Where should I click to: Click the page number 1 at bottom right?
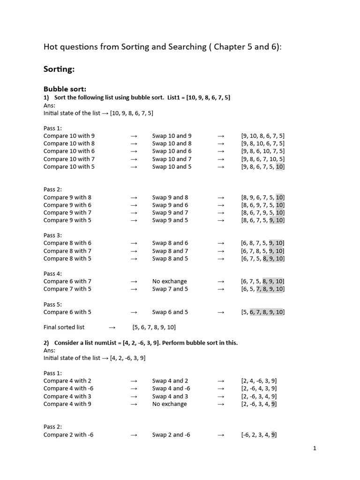[315, 449]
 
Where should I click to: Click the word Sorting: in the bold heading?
[59, 69]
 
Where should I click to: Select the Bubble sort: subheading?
[65, 89]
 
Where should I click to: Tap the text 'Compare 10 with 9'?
[69, 136]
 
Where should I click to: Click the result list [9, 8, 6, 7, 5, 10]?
[262, 166]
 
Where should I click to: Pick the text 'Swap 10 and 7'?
[172, 159]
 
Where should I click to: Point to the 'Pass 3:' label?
[52, 235]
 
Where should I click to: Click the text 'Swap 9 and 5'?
[170, 220]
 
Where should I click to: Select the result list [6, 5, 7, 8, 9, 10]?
[262, 289]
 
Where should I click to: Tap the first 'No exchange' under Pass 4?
[169, 281]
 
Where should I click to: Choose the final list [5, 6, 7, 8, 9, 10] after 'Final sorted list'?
[154, 327]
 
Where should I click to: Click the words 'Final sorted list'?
[64, 327]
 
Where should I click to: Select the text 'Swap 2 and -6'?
[171, 435]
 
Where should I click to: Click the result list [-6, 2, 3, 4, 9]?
[259, 435]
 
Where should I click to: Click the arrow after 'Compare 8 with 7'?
[134, 251]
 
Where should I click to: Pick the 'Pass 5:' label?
[52, 304]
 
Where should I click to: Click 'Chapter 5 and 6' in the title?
[246, 46]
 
